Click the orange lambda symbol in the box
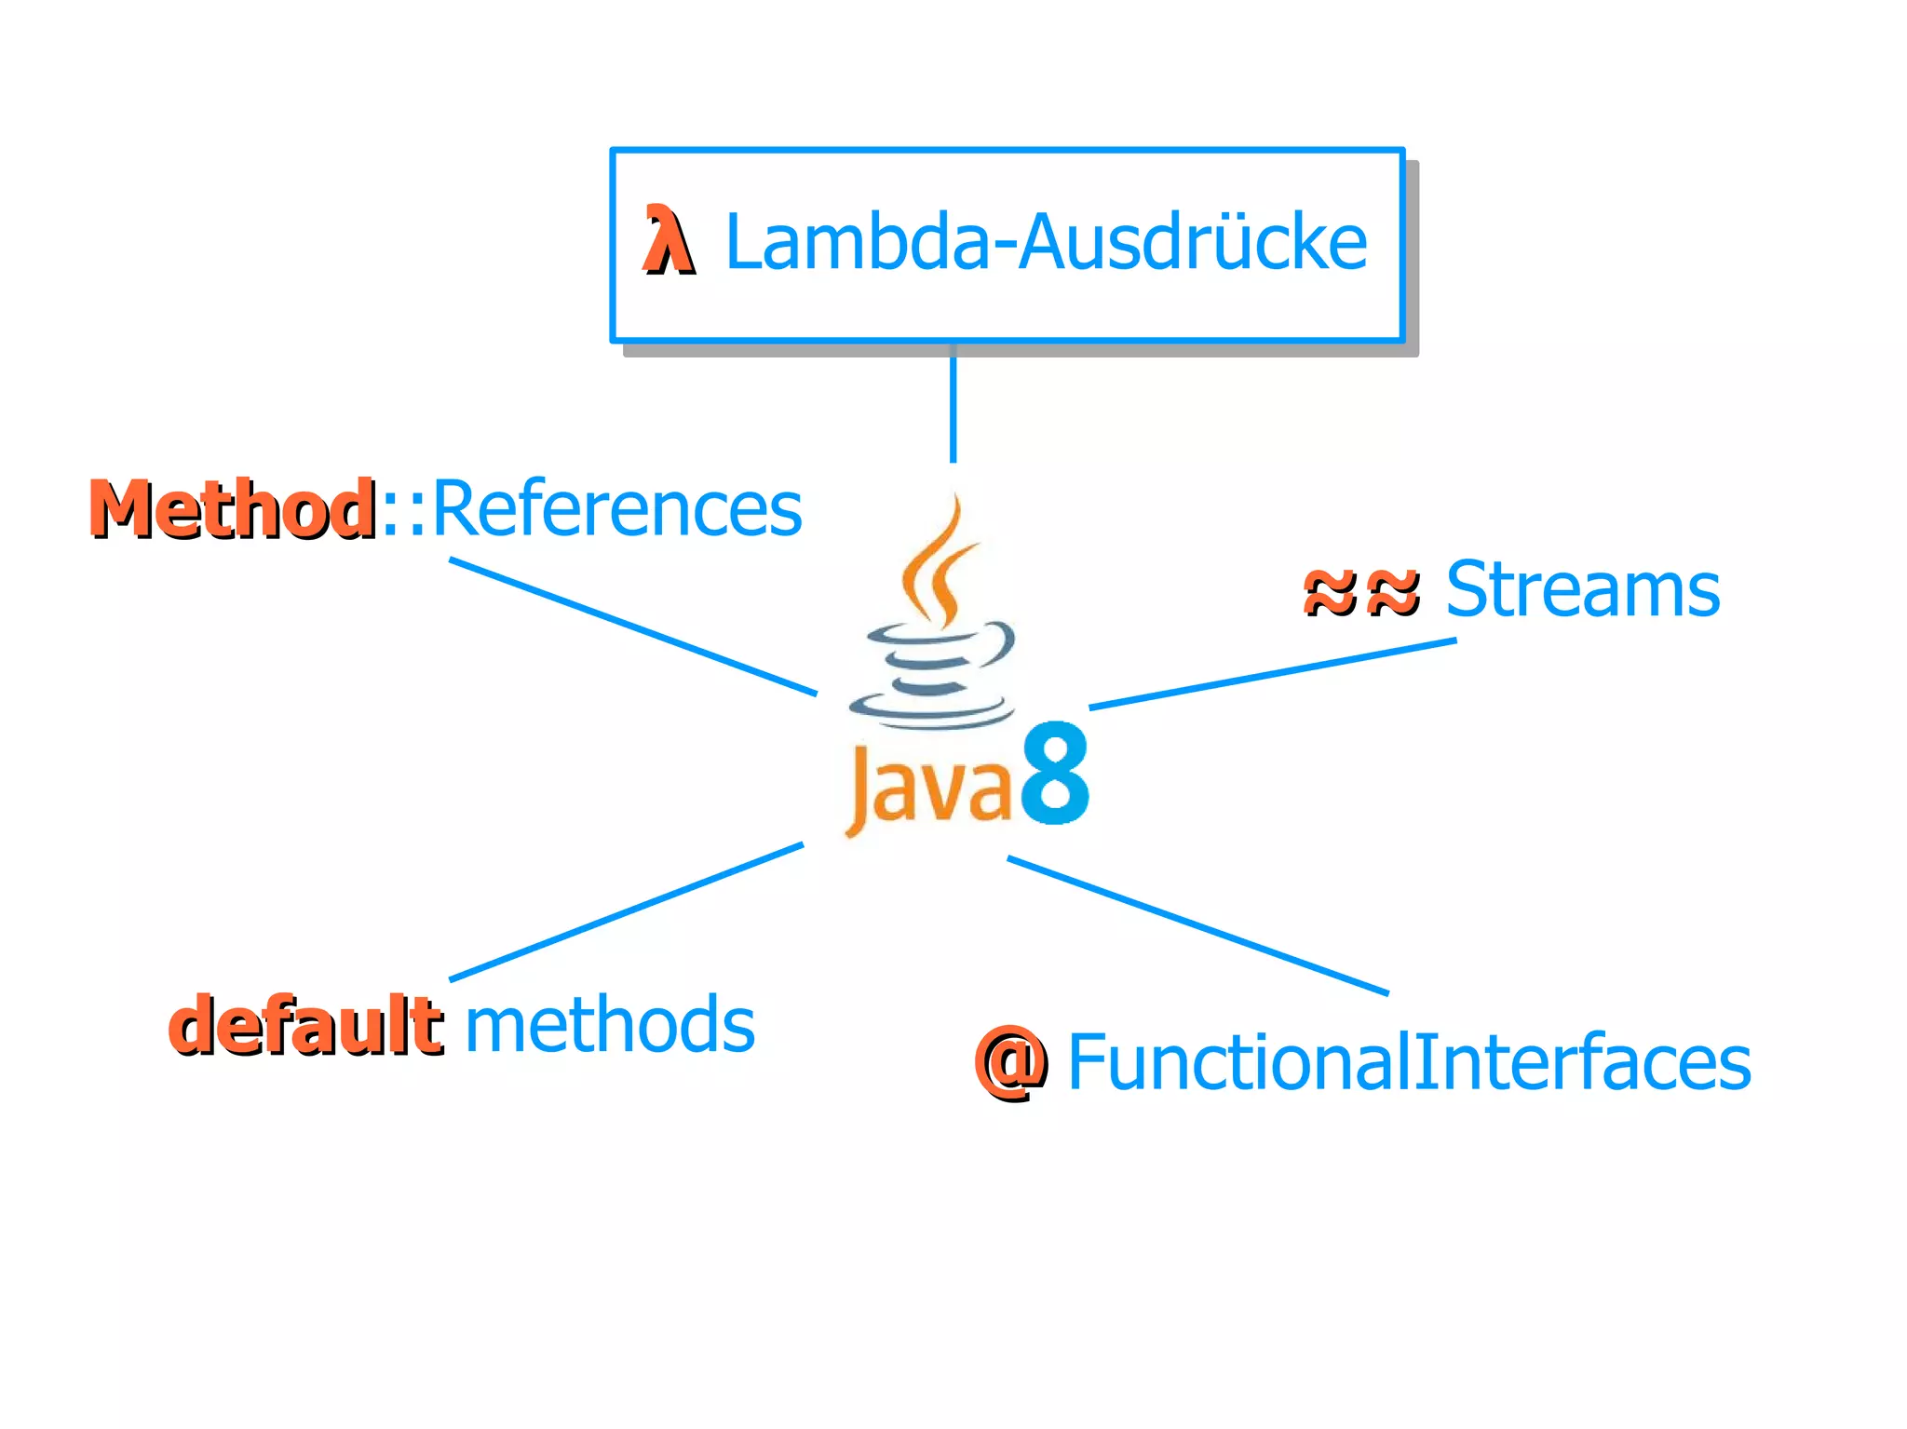pos(668,241)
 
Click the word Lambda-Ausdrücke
pos(1045,242)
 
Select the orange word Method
pos(233,509)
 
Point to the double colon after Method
pos(403,510)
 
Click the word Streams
pos(1582,589)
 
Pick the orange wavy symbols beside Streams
pos(1360,592)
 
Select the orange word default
pos(304,1025)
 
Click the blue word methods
pos(609,1024)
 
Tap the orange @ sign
pos(1010,1062)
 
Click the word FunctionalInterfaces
pos(1408,1062)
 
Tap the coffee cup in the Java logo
pos(931,675)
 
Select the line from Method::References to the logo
pos(633,627)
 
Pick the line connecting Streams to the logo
pos(1272,674)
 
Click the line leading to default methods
pos(626,912)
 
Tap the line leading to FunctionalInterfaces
pos(1197,926)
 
